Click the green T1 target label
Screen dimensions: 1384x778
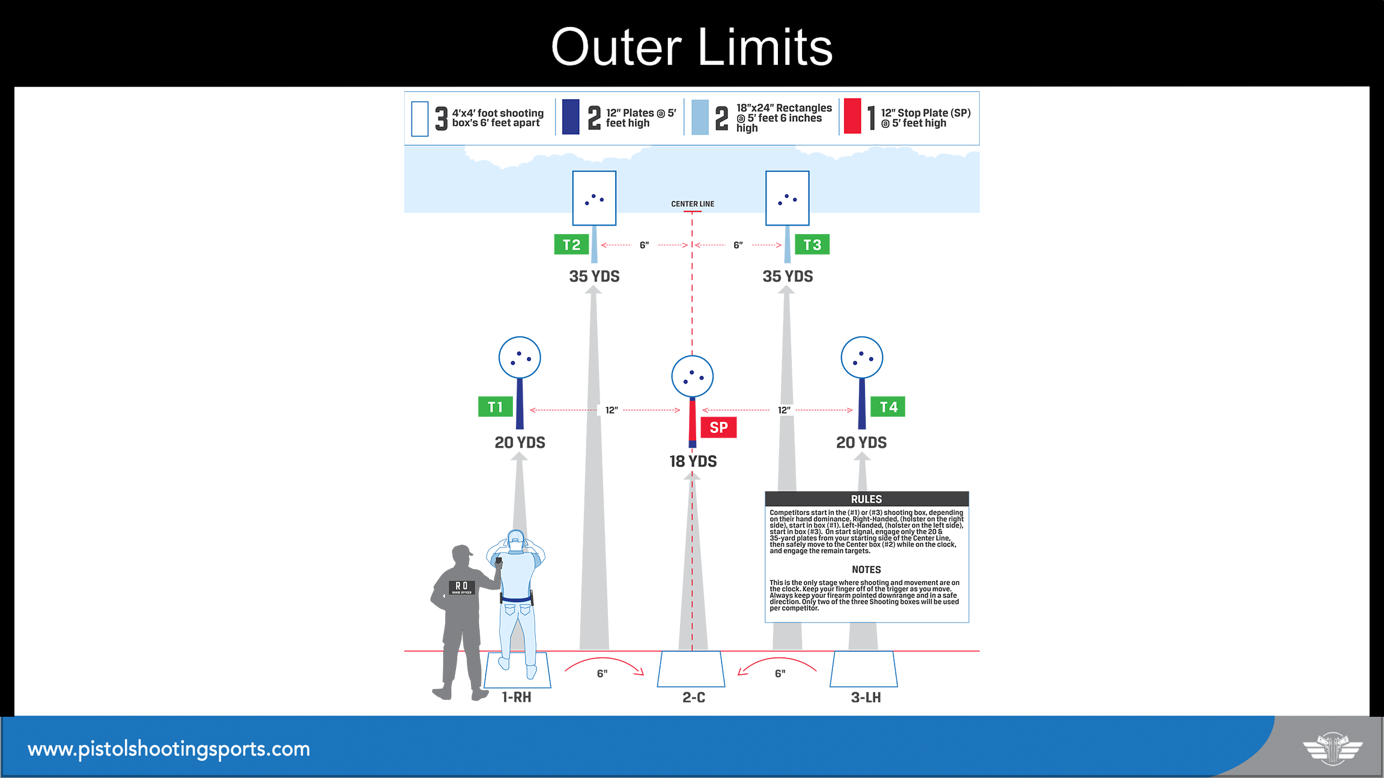click(x=496, y=407)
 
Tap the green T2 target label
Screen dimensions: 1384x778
click(x=571, y=244)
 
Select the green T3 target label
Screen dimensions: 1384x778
click(x=812, y=244)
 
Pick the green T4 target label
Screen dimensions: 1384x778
click(x=888, y=407)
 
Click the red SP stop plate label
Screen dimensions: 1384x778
click(x=718, y=427)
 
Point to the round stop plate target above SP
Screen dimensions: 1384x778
click(x=693, y=376)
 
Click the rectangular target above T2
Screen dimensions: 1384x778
click(x=594, y=198)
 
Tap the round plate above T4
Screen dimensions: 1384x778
click(x=862, y=358)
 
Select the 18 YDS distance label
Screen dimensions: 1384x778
click(x=693, y=461)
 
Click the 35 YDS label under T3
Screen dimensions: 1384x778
click(x=788, y=276)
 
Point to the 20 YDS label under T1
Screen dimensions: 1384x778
click(x=520, y=442)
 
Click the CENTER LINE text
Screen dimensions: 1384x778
click(x=693, y=204)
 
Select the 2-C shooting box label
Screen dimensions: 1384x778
click(x=694, y=698)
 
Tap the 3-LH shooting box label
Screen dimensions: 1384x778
click(x=866, y=698)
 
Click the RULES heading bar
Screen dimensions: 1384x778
click(x=867, y=499)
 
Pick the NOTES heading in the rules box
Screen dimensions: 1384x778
click(x=866, y=570)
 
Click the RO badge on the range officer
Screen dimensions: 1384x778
click(x=462, y=587)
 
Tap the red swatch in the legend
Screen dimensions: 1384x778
click(x=852, y=116)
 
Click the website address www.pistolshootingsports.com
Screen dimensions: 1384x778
click(x=169, y=749)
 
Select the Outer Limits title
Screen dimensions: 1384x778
click(x=692, y=47)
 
